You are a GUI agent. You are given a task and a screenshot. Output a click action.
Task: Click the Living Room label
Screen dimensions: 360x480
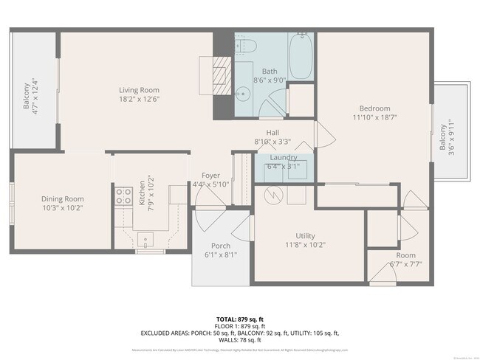tap(140, 91)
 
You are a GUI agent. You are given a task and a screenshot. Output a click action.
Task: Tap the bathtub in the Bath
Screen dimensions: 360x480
tap(301, 56)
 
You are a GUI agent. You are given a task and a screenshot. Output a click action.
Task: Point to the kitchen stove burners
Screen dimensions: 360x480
tap(122, 196)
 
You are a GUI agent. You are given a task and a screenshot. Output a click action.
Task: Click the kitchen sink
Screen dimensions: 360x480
tap(145, 238)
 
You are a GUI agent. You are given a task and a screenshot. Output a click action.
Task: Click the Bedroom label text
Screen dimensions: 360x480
tap(375, 108)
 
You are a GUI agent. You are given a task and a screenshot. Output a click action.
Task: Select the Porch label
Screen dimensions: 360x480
tap(220, 246)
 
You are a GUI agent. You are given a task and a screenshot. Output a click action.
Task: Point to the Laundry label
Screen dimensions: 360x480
tap(284, 157)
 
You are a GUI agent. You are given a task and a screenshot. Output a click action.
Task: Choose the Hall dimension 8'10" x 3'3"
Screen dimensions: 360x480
tap(272, 142)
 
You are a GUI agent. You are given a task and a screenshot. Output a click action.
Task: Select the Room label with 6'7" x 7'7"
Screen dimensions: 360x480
tap(405, 255)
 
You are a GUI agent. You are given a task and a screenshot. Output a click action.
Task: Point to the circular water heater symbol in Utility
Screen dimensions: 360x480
tap(274, 195)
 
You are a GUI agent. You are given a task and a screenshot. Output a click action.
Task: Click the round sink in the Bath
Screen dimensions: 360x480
tap(244, 93)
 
